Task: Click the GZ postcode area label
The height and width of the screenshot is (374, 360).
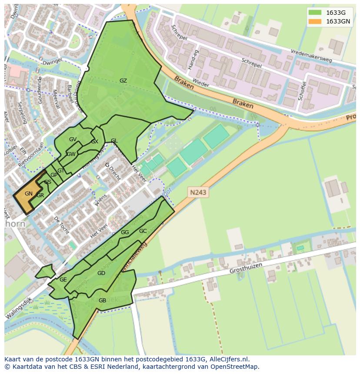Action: (x=123, y=81)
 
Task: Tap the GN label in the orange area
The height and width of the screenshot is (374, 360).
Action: (x=29, y=194)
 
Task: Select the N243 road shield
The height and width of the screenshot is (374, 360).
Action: (x=197, y=192)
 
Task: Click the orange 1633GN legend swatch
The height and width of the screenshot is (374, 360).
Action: (x=315, y=21)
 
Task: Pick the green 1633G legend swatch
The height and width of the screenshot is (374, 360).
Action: (x=315, y=13)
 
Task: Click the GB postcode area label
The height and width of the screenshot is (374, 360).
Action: (x=102, y=301)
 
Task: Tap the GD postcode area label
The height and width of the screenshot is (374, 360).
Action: (x=101, y=273)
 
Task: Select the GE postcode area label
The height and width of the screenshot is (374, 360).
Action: (x=63, y=280)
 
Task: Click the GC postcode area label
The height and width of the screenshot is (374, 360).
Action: (x=143, y=231)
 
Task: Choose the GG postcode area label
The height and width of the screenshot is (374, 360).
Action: (x=125, y=232)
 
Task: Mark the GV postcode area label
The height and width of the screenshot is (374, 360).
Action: (x=73, y=139)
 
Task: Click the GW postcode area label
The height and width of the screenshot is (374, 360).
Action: (x=71, y=154)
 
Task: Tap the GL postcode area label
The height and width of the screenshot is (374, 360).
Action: (x=114, y=141)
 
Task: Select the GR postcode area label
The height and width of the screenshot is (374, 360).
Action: (x=40, y=195)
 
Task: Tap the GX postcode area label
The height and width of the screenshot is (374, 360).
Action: (x=94, y=142)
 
